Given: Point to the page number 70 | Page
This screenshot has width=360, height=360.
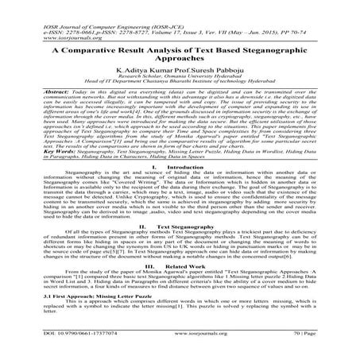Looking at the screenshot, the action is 319,350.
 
